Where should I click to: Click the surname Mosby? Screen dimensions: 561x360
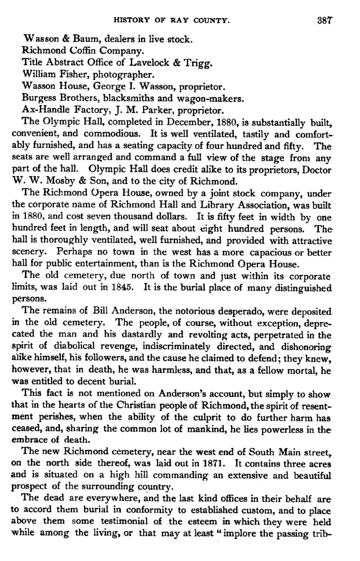click(x=61, y=182)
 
